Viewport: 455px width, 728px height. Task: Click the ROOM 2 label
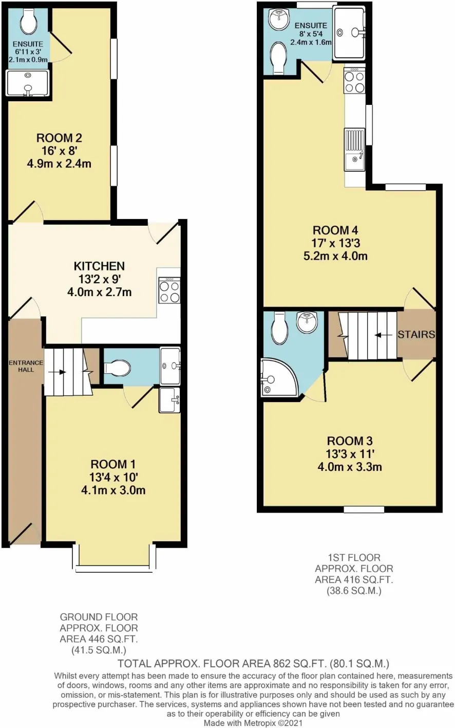coord(59,138)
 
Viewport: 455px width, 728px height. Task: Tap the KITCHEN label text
coord(99,266)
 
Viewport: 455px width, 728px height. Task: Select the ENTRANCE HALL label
coord(26,366)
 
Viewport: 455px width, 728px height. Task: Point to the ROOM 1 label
coord(113,464)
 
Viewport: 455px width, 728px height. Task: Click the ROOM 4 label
coord(335,230)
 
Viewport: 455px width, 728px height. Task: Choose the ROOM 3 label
coord(350,441)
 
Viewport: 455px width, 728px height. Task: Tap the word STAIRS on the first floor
coord(416,334)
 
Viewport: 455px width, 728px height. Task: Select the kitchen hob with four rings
coord(169,290)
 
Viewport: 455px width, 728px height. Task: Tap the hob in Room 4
coord(354,80)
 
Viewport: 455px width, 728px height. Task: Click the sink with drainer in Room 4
coord(355,150)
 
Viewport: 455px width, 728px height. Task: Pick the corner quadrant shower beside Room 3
coord(279,378)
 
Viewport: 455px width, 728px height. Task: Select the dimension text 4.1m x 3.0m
coord(113,490)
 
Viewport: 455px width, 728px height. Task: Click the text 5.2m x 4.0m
coord(335,256)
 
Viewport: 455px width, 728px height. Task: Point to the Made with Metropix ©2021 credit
coord(253,723)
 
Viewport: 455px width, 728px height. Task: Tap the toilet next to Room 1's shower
coord(117,368)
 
